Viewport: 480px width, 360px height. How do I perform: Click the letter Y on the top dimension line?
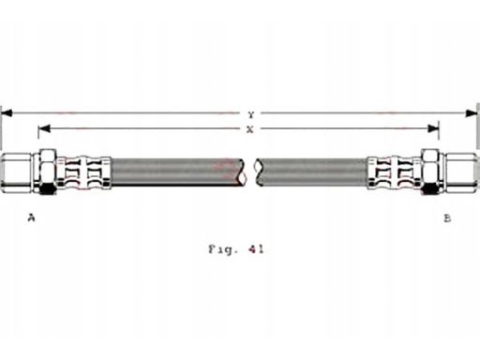(x=250, y=115)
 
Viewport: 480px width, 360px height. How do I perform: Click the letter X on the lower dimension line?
(x=250, y=129)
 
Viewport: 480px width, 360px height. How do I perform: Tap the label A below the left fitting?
(x=31, y=217)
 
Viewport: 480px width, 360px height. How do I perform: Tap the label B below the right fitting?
(x=447, y=218)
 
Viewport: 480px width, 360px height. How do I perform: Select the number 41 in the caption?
(x=256, y=249)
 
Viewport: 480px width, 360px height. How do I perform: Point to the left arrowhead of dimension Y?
(x=7, y=112)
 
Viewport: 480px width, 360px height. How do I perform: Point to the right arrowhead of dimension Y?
(x=472, y=113)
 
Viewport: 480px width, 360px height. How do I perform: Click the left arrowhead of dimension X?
(x=44, y=128)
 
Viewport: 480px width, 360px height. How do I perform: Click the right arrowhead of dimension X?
(x=433, y=128)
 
